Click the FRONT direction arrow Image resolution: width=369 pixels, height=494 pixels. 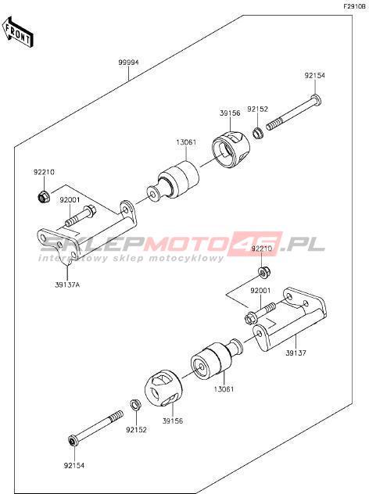pos(18,32)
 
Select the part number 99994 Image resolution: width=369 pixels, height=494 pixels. pos(128,63)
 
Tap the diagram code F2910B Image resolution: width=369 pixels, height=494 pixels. pos(356,6)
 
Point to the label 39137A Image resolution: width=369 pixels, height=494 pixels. pos(67,285)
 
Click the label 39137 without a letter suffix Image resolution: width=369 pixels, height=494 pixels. pos(296,353)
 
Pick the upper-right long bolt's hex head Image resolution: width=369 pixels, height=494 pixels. pos(317,100)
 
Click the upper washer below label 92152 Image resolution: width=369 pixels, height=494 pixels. pos(257,133)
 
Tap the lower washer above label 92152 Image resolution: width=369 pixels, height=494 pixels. pos(136,405)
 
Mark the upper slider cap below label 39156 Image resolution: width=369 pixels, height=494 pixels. pos(231,149)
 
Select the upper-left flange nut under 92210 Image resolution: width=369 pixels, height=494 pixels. pos(42,196)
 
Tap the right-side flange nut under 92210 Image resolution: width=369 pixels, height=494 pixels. pos(263,272)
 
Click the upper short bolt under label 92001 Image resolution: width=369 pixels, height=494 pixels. pos(81,216)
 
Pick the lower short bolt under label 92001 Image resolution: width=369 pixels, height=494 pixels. pos(260,313)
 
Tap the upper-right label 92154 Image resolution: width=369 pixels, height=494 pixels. pos(314,76)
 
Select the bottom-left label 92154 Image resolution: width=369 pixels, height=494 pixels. pos(74,465)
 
